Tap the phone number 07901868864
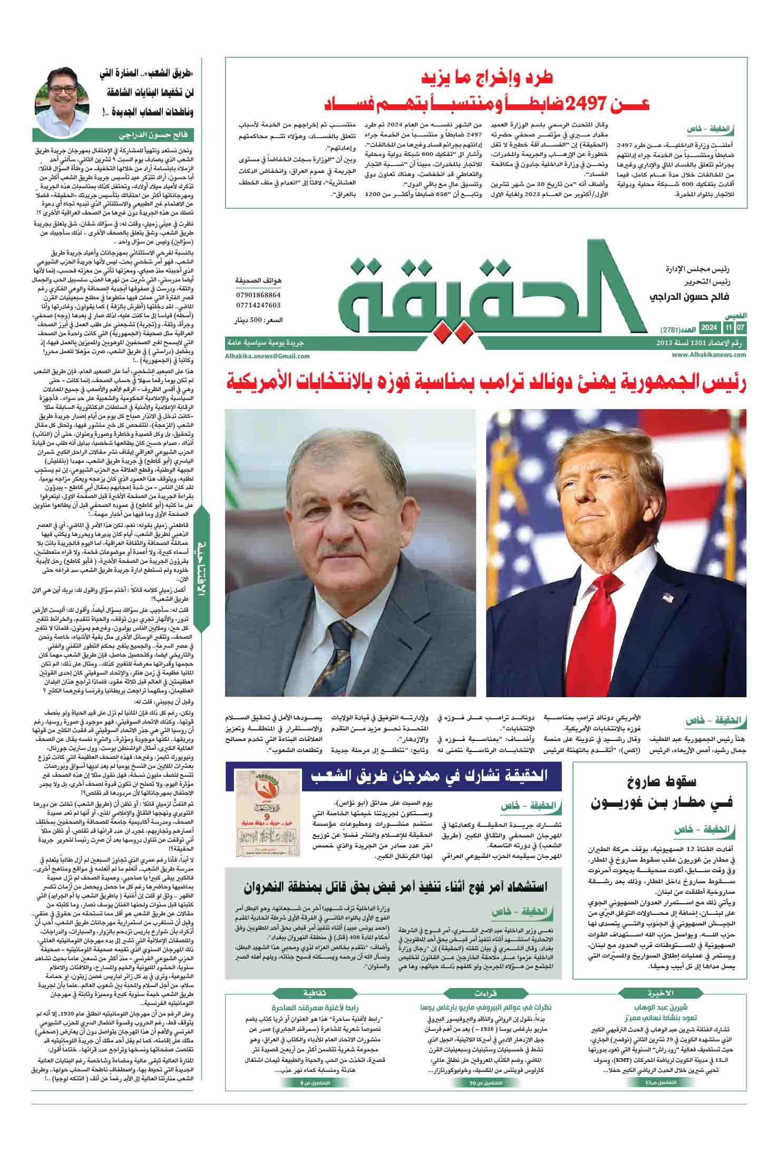(258, 295)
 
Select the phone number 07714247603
(258, 305)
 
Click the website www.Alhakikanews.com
(709, 355)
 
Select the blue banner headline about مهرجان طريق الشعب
(430, 775)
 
